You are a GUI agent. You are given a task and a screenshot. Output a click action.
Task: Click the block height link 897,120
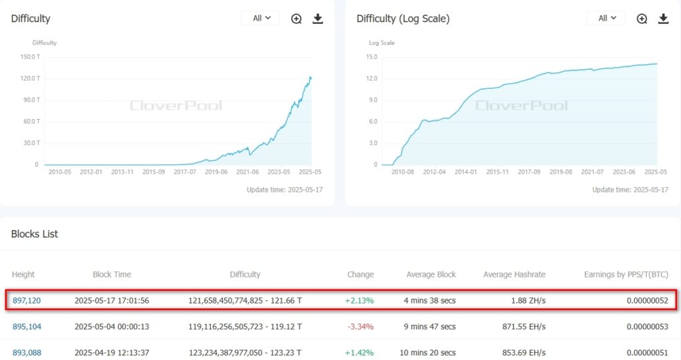tap(27, 300)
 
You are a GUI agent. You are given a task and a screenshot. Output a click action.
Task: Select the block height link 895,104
tap(27, 327)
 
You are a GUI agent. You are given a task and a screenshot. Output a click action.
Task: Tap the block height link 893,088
tap(27, 353)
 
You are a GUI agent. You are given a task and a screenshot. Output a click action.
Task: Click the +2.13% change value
tap(359, 300)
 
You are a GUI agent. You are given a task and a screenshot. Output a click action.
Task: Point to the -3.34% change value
tap(360, 327)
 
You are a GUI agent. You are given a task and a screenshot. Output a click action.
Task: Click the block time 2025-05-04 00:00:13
tap(112, 327)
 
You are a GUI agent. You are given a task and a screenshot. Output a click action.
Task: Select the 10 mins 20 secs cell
tap(430, 353)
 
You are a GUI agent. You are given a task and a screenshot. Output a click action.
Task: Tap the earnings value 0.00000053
tap(647, 327)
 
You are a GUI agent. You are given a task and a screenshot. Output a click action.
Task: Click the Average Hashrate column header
tap(514, 274)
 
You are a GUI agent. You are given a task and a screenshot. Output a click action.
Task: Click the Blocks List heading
tap(35, 234)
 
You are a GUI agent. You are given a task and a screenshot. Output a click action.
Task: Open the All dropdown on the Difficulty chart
tap(261, 19)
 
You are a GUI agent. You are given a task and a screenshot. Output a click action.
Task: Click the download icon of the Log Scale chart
tap(663, 19)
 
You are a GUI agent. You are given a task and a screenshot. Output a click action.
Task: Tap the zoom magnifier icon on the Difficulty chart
tap(297, 19)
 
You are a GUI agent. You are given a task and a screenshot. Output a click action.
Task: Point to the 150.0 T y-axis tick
tap(30, 57)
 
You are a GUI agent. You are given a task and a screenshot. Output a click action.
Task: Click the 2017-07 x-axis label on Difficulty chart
tap(185, 172)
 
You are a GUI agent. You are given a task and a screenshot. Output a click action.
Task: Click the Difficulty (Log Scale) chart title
tap(403, 19)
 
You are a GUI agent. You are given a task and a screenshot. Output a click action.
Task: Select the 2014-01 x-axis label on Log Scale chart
tap(466, 172)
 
